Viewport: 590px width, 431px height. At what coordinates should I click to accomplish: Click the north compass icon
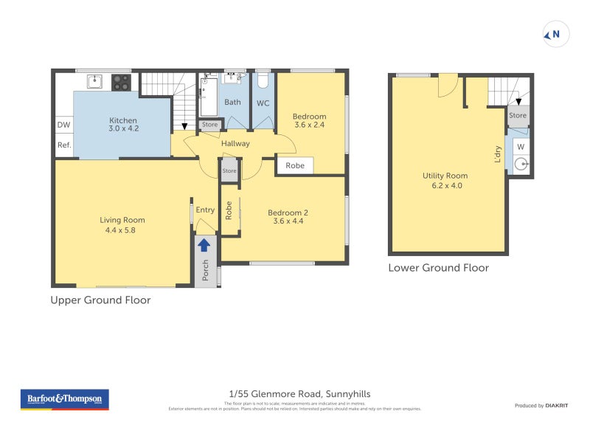[x=555, y=34]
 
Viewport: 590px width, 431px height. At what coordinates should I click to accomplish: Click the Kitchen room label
[x=123, y=120]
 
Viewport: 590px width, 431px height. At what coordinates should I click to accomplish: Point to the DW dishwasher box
[x=63, y=125]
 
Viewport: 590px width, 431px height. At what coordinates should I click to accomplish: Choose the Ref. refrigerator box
[x=63, y=145]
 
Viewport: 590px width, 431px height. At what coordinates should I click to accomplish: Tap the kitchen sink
[x=94, y=81]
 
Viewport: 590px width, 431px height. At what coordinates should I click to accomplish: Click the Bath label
[x=233, y=103]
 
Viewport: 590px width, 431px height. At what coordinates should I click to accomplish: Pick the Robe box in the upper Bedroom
[x=295, y=166]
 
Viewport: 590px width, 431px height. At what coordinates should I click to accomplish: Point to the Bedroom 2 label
[x=290, y=213]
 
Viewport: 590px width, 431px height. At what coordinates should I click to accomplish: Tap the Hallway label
[x=235, y=143]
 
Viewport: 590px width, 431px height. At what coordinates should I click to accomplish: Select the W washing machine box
[x=520, y=148]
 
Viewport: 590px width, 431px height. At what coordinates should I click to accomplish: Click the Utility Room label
[x=445, y=176]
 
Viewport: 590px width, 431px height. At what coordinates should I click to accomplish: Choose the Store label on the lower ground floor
[x=518, y=115]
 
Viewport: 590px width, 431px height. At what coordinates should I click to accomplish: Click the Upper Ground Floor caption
[x=100, y=300]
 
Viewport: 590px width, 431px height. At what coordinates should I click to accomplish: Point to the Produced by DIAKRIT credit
[x=539, y=405]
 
